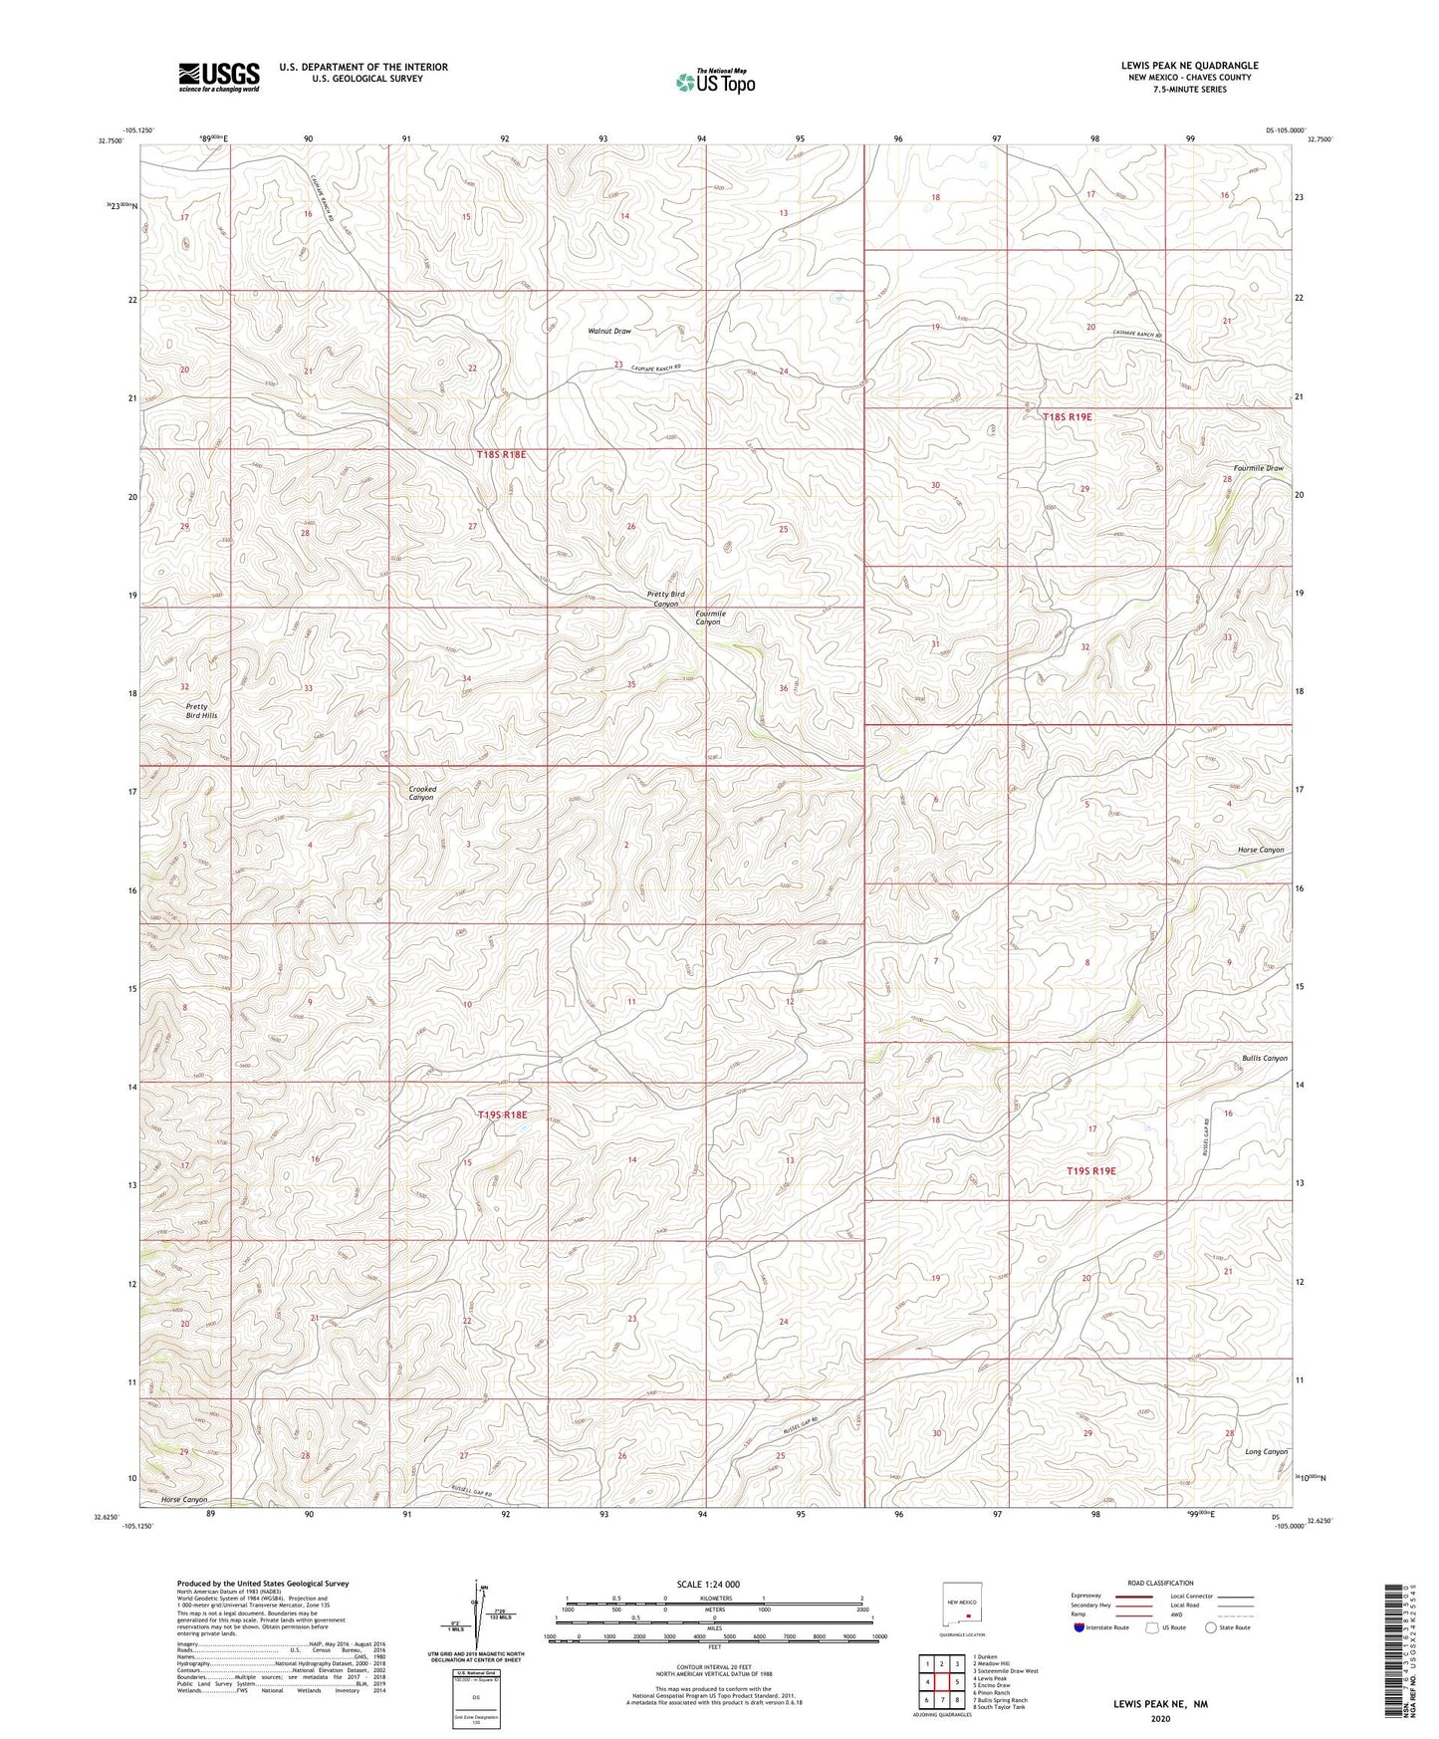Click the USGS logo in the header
pyautogui.click(x=219, y=77)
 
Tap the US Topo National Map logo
pyautogui.click(x=714, y=82)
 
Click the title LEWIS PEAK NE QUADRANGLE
pyautogui.click(x=1189, y=66)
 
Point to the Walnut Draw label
pyautogui.click(x=609, y=331)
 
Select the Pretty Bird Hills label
pyautogui.click(x=201, y=711)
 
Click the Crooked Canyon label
pyautogui.click(x=422, y=793)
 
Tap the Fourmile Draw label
pyautogui.click(x=1259, y=468)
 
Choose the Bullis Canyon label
pyautogui.click(x=1265, y=1059)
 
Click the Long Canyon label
pyautogui.click(x=1266, y=1452)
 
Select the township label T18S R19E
pyautogui.click(x=1067, y=417)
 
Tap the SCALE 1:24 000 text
pyautogui.click(x=707, y=1585)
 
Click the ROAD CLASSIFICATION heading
pyautogui.click(x=1161, y=1583)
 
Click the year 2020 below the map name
pyautogui.click(x=1158, y=1718)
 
